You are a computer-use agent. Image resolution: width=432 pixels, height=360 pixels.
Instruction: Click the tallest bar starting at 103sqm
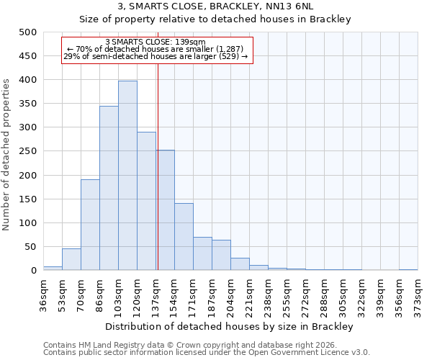(x=127, y=176)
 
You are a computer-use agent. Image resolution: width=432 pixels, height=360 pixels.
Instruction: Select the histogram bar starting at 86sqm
(x=109, y=189)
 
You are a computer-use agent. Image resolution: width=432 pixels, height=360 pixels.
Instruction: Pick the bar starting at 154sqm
(x=184, y=237)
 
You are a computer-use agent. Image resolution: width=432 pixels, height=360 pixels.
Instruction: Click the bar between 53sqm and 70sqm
(x=71, y=259)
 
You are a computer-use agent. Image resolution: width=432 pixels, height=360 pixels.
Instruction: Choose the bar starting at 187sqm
(x=221, y=256)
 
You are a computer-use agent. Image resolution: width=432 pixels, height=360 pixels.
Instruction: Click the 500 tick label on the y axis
(x=27, y=32)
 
